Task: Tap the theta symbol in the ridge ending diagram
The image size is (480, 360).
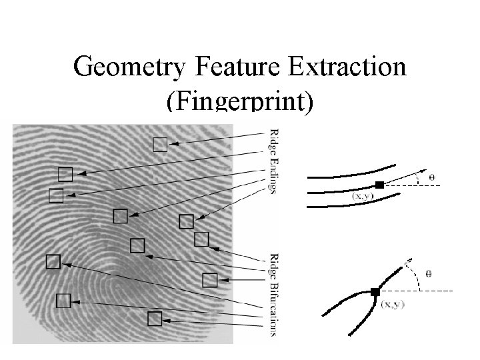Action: pos(431,177)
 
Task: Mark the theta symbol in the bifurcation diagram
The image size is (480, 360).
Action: pos(429,273)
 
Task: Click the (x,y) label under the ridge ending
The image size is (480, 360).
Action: pos(363,197)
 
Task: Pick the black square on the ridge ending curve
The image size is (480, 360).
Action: pos(379,185)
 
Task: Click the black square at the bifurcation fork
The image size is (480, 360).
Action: pos(375,292)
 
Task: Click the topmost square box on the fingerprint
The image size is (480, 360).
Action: pos(160,144)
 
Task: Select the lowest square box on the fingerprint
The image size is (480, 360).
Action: pos(155,319)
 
